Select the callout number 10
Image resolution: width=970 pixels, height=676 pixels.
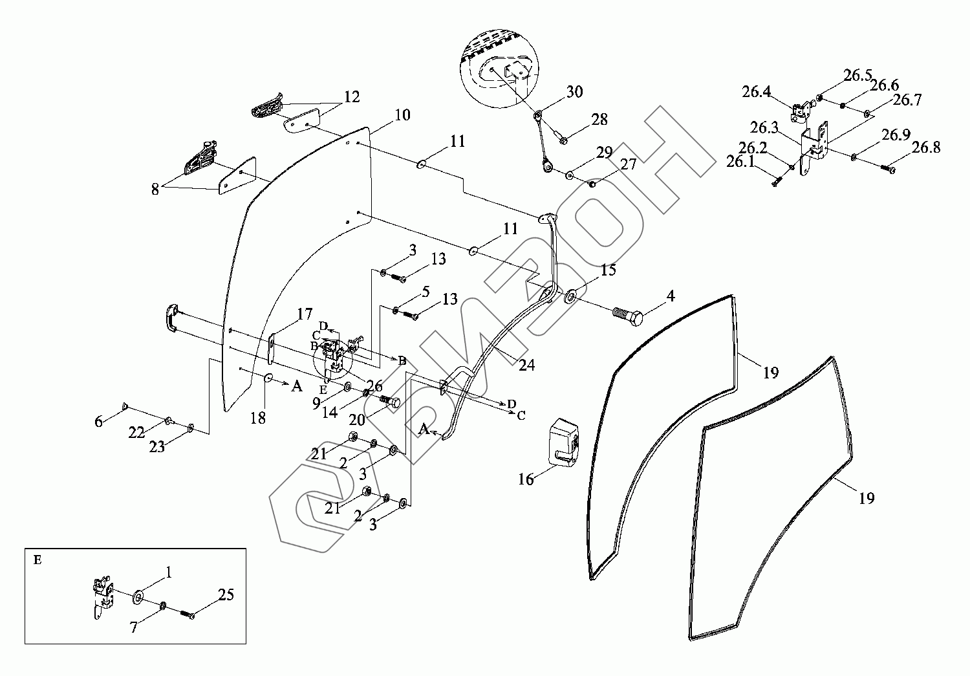tap(402, 115)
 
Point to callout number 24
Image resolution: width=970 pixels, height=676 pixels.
tap(526, 365)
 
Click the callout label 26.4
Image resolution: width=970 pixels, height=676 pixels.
tap(756, 92)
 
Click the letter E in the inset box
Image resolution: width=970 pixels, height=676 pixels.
tap(38, 560)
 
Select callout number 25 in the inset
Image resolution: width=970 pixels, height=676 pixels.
tap(226, 594)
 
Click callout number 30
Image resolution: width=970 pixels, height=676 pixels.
tap(574, 91)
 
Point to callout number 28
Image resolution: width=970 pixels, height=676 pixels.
tap(599, 119)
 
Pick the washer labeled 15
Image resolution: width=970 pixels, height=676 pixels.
tap(572, 298)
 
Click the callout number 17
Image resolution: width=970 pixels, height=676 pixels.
tap(305, 315)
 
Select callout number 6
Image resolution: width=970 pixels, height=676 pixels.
tap(98, 421)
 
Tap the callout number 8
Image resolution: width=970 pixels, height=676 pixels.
tap(155, 189)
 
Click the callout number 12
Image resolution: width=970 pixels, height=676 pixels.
tap(352, 97)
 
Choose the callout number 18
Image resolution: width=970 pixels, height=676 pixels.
tap(258, 418)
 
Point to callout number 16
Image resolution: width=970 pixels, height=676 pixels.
tap(526, 479)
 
